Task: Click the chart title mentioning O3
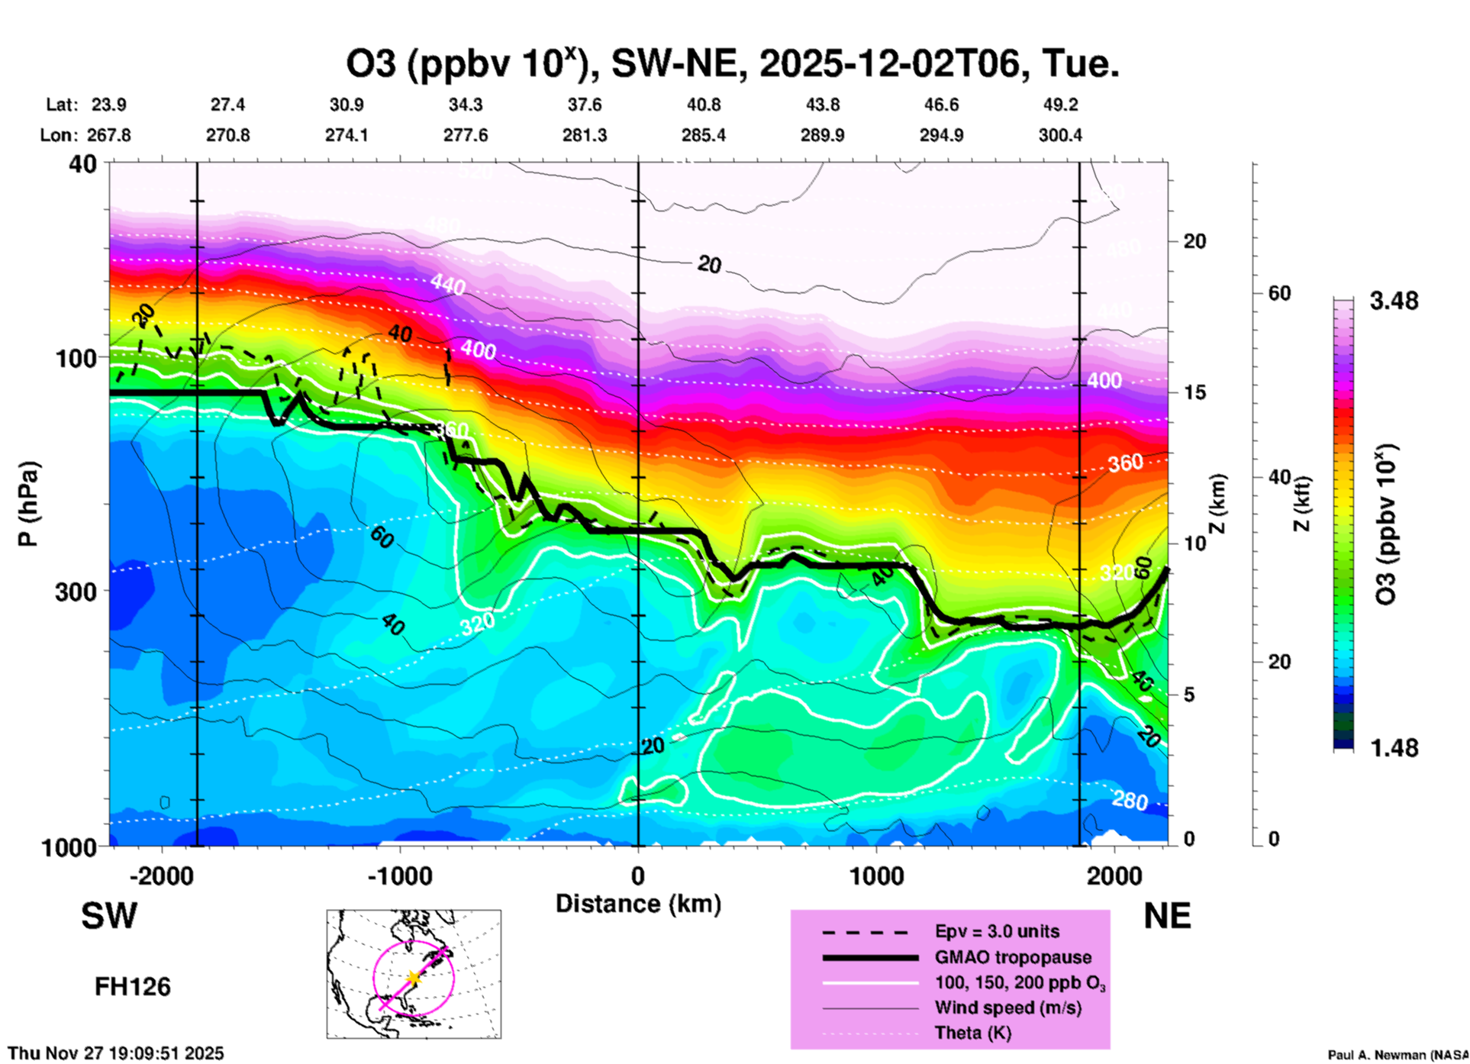[733, 64]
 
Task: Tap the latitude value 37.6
[585, 105]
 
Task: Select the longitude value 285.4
[704, 136]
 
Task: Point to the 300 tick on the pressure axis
[76, 592]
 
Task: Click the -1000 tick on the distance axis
[399, 876]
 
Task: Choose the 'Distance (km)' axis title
[638, 904]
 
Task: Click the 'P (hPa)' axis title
[28, 504]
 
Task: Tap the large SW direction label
[109, 916]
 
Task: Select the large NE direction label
[1167, 916]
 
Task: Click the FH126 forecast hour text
[133, 987]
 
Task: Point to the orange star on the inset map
[414, 978]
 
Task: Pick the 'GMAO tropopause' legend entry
[1013, 957]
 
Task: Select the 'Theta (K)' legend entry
[972, 1033]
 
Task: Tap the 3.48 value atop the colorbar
[1394, 301]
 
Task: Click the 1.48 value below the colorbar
[1394, 748]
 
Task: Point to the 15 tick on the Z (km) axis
[1194, 392]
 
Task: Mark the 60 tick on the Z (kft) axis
[1279, 293]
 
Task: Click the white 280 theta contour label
[1130, 801]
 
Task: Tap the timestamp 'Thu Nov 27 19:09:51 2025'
[116, 1053]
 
